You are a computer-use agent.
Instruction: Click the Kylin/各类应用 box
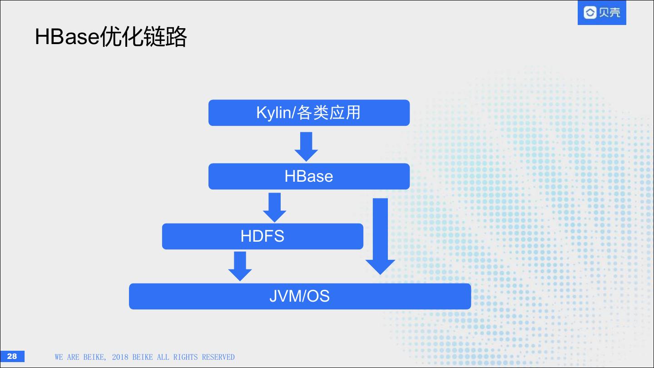(x=309, y=113)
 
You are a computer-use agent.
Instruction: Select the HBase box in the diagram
(x=309, y=176)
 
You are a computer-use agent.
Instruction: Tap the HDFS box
(x=263, y=236)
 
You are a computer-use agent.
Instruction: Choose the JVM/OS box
(x=300, y=296)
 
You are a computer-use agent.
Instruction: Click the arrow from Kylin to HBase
(x=306, y=146)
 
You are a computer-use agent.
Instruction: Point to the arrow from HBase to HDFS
(x=274, y=207)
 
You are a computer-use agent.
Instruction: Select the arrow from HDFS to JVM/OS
(x=240, y=266)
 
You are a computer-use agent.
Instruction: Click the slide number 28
(x=12, y=356)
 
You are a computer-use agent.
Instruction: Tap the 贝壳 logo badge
(x=602, y=13)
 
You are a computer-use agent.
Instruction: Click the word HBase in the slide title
(x=67, y=37)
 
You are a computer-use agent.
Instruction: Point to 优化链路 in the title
(x=143, y=37)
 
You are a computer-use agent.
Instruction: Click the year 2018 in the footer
(x=120, y=357)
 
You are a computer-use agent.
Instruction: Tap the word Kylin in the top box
(x=273, y=113)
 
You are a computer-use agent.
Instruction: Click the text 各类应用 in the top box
(x=329, y=113)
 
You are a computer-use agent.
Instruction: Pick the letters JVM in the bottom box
(x=284, y=296)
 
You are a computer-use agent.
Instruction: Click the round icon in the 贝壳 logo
(x=590, y=13)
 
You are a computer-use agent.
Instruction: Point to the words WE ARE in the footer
(x=67, y=357)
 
